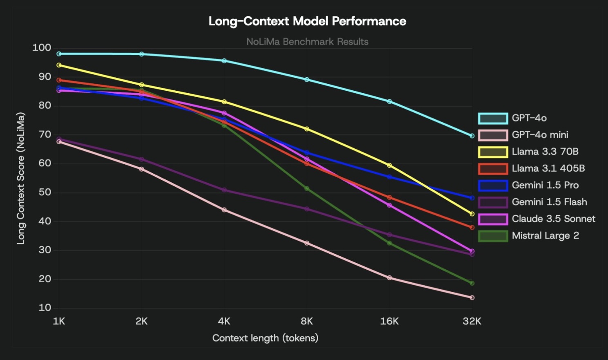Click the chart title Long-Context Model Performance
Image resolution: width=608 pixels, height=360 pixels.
pyautogui.click(x=307, y=21)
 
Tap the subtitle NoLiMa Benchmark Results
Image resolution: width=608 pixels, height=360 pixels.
pyautogui.click(x=307, y=42)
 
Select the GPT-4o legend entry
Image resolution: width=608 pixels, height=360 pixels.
pyautogui.click(x=529, y=118)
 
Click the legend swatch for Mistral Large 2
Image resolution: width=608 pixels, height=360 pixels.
pyautogui.click(x=493, y=236)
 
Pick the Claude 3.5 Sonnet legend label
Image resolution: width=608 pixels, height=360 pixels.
pyautogui.click(x=553, y=219)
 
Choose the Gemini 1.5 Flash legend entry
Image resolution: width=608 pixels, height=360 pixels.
pyautogui.click(x=549, y=202)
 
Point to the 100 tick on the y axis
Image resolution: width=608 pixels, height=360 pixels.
pyautogui.click(x=42, y=48)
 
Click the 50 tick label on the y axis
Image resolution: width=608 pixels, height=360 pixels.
pyautogui.click(x=45, y=192)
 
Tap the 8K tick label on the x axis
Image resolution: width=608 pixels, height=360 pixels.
pyautogui.click(x=307, y=321)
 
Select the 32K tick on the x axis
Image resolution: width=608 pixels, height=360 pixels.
pyautogui.click(x=472, y=321)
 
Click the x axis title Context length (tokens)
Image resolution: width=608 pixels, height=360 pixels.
pyautogui.click(x=265, y=338)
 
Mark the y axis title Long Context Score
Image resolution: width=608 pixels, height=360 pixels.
pyautogui.click(x=20, y=178)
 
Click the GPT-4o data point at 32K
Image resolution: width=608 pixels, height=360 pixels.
pyautogui.click(x=472, y=136)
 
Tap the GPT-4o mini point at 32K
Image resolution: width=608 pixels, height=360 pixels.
pyautogui.click(x=472, y=297)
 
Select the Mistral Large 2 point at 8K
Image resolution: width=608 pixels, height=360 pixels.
pyautogui.click(x=307, y=188)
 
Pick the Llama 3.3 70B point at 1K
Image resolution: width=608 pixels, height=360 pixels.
pyautogui.click(x=59, y=65)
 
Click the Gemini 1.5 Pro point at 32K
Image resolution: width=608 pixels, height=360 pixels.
pyautogui.click(x=472, y=198)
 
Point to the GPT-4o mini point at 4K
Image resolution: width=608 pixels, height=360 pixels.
pyautogui.click(x=224, y=210)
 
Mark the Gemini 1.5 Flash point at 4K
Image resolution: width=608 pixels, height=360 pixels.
pyautogui.click(x=224, y=190)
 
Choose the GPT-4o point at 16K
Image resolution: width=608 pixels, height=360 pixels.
pyautogui.click(x=389, y=101)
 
